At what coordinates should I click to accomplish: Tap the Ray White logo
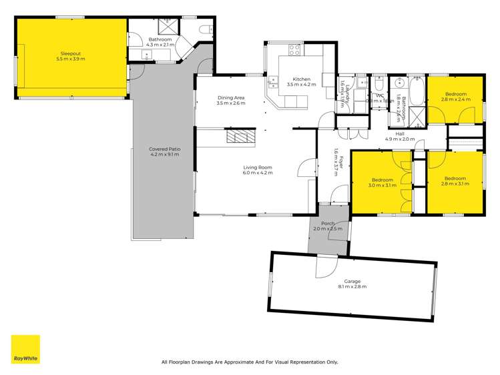pyautogui.click(x=25, y=349)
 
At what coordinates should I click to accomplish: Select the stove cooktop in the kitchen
pyautogui.click(x=294, y=50)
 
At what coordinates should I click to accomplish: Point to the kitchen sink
pyautogui.click(x=273, y=82)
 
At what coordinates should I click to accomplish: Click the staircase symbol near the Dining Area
pyautogui.click(x=240, y=137)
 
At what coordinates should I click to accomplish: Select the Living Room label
pyautogui.click(x=258, y=170)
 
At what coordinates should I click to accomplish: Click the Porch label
pyautogui.click(x=328, y=226)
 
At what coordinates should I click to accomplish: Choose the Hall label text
pyautogui.click(x=400, y=136)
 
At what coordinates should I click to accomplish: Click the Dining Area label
pyautogui.click(x=231, y=101)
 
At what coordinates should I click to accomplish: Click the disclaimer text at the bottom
pyautogui.click(x=250, y=362)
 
